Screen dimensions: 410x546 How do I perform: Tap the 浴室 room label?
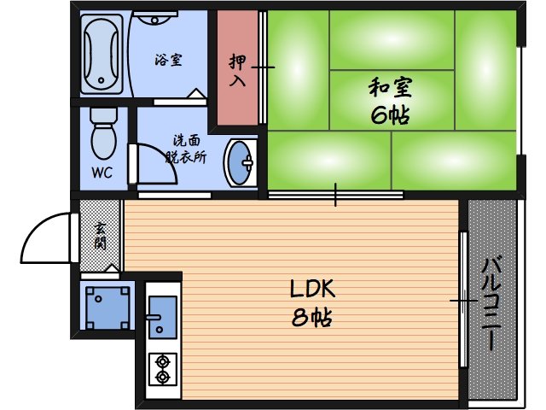click(167, 60)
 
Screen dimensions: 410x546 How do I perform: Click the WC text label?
click(102, 171)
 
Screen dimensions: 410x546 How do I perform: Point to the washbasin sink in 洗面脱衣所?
click(242, 161)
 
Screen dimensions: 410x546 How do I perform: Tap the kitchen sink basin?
click(161, 313)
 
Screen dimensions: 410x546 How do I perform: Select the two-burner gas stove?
click(161, 369)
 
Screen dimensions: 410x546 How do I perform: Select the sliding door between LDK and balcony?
click(462, 299)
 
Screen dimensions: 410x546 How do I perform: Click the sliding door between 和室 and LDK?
click(336, 195)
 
